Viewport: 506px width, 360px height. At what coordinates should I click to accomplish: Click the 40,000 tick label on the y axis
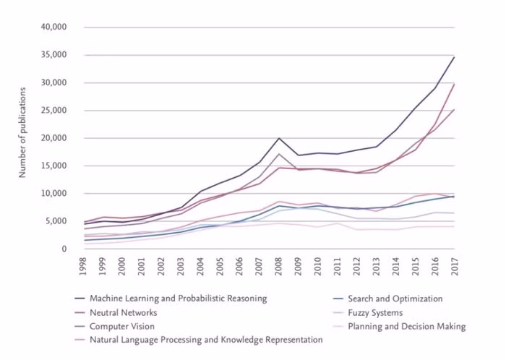click(53, 27)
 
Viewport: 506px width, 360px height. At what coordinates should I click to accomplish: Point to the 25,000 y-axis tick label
click(53, 111)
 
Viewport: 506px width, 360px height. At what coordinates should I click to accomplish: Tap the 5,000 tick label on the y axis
click(56, 221)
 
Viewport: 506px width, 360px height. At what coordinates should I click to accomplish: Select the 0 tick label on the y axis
click(64, 249)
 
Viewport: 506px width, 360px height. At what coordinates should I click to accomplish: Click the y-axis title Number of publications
click(22, 132)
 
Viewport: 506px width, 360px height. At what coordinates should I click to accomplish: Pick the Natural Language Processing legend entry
click(206, 340)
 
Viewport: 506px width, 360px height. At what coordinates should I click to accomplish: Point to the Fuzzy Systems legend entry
click(385, 312)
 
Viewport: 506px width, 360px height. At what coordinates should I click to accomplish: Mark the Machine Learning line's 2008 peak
click(279, 137)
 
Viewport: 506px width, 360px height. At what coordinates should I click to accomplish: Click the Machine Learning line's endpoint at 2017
click(454, 57)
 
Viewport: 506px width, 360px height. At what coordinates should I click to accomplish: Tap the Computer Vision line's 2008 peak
click(279, 154)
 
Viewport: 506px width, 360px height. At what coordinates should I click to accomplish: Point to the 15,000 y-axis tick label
click(53, 166)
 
